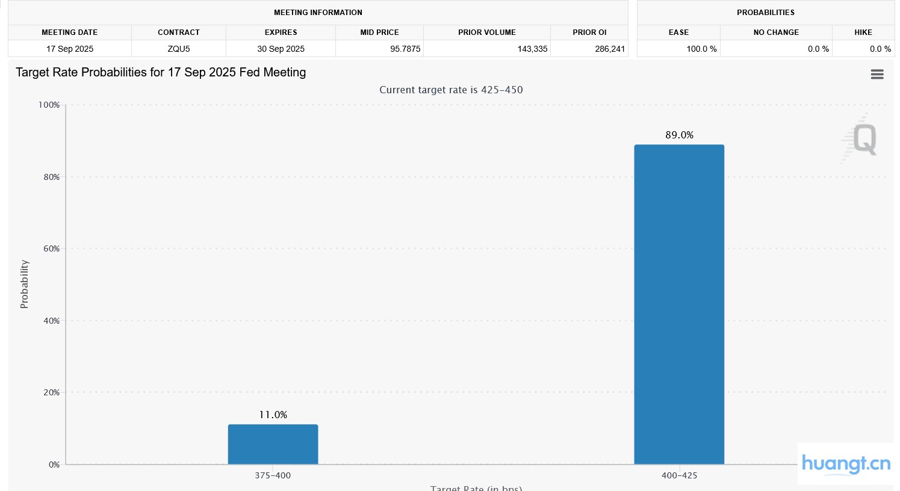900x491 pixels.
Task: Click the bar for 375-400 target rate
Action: click(273, 444)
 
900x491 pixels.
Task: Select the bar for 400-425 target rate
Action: click(679, 304)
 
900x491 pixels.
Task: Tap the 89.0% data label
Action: click(679, 135)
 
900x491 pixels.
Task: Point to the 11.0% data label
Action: click(273, 415)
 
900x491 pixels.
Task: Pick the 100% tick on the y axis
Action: click(49, 105)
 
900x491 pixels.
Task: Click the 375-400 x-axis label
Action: click(273, 475)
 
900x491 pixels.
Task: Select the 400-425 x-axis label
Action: click(679, 475)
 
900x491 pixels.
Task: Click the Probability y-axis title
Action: click(24, 284)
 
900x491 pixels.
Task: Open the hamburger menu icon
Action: click(877, 74)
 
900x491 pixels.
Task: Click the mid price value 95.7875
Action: click(405, 49)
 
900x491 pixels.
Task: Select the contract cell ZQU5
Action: click(179, 49)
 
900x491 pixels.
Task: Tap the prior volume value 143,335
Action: click(532, 49)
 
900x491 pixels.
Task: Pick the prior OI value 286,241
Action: click(610, 49)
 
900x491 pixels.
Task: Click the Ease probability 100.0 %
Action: click(701, 49)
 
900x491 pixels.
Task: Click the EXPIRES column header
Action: click(281, 32)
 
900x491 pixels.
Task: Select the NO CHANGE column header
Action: click(776, 32)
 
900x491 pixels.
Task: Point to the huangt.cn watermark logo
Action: click(846, 464)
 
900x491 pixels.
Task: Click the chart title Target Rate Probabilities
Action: click(161, 72)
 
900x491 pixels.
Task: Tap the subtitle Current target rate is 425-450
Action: click(451, 90)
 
